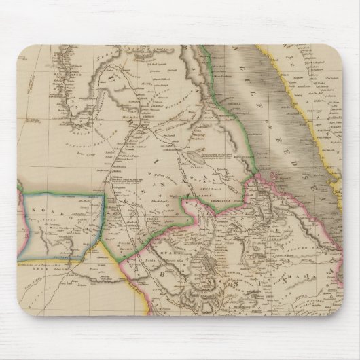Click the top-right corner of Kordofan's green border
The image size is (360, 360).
pos(103,194)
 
